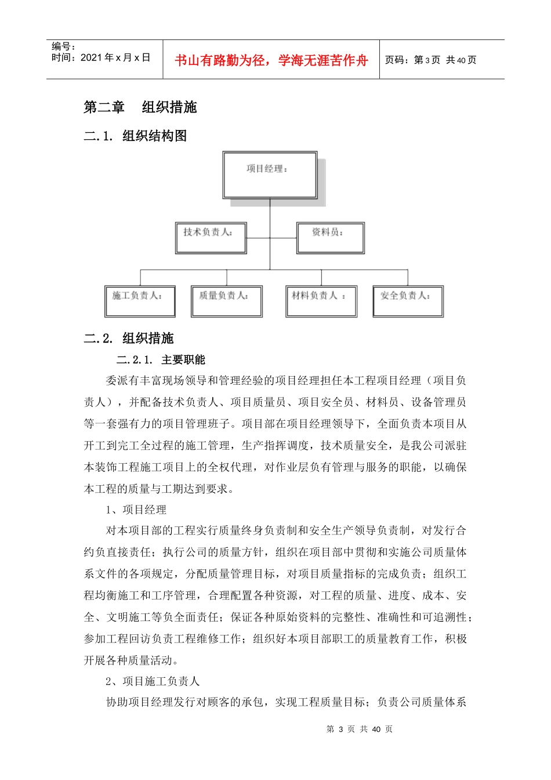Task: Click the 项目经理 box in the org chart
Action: coord(270,175)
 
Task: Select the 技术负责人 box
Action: coord(211,237)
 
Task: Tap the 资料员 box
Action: coord(330,237)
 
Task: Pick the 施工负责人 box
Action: coord(140,301)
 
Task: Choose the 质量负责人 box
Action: coord(226,301)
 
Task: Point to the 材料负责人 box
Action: coord(321,301)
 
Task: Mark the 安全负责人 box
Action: coord(408,301)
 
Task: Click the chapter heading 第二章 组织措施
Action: coord(140,107)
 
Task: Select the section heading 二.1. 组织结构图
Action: coord(135,136)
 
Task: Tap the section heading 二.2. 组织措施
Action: coord(129,338)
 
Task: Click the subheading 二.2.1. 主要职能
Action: coord(161,360)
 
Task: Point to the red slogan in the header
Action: coord(271,60)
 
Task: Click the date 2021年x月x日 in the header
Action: coord(101,58)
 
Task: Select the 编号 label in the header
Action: coord(63,46)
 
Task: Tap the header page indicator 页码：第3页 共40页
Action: coord(430,60)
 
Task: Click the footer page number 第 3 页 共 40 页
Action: coord(360,729)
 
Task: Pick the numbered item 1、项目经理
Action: coord(136,510)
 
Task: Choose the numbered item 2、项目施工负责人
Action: coord(152,681)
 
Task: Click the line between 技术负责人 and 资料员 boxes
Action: coord(271,237)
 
